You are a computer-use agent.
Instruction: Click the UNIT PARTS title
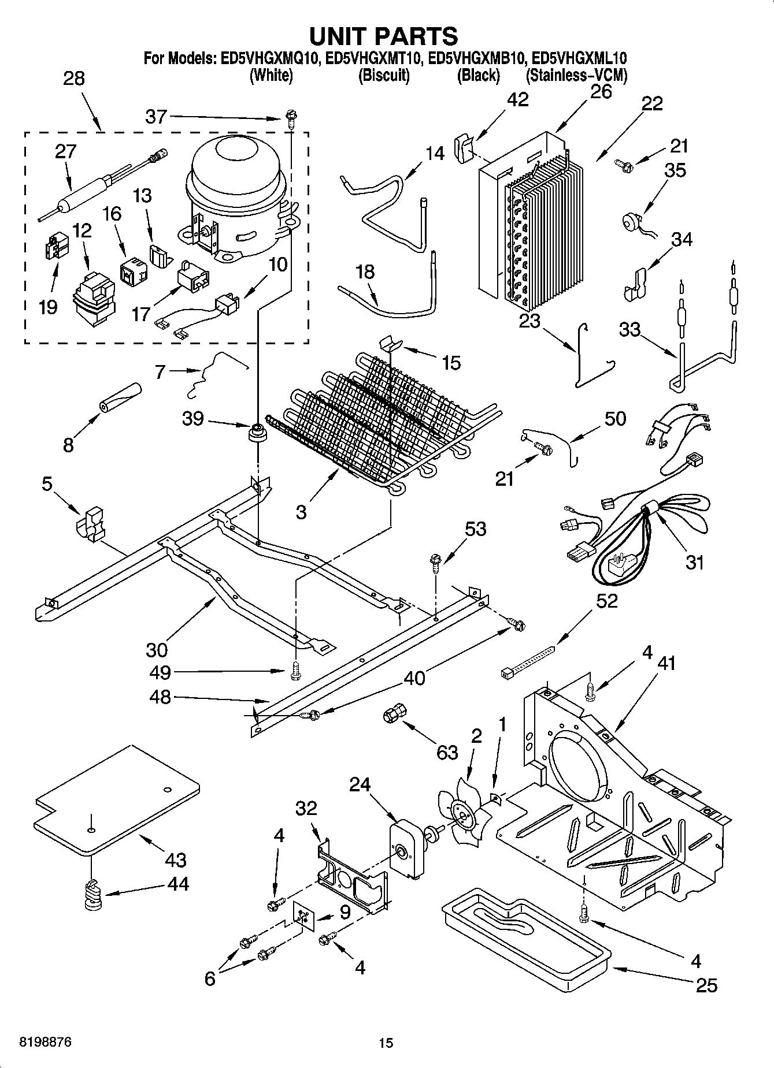tap(384, 36)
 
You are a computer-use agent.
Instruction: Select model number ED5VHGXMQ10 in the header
tap(268, 58)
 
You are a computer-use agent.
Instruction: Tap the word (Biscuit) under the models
tap(384, 76)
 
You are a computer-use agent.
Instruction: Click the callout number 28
tap(74, 79)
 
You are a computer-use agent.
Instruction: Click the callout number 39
tap(193, 418)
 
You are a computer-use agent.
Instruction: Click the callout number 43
tap(176, 859)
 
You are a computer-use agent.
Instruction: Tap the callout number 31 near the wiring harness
tap(694, 561)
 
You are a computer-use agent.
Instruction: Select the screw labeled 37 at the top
tap(290, 120)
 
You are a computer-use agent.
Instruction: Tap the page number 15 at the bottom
tap(386, 1043)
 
